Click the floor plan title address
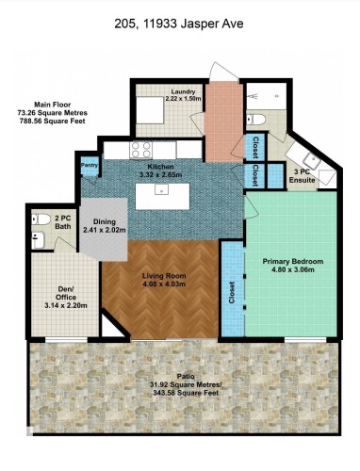point(179,24)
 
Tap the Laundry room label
point(183,91)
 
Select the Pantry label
point(90,165)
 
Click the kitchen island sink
point(162,189)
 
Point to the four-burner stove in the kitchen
point(141,150)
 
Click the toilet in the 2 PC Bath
point(41,219)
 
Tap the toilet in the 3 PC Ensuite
point(255,120)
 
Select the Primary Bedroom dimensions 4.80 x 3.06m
point(292,269)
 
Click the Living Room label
point(164,276)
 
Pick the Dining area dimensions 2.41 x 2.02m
point(105,230)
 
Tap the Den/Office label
point(66,293)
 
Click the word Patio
point(186,376)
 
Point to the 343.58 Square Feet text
point(186,393)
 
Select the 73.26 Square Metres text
point(53,113)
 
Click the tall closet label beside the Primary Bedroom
point(232,292)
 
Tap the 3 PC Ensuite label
point(302,176)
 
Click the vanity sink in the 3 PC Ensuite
point(312,161)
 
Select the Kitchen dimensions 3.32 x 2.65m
point(161,175)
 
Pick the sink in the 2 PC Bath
point(39,240)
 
